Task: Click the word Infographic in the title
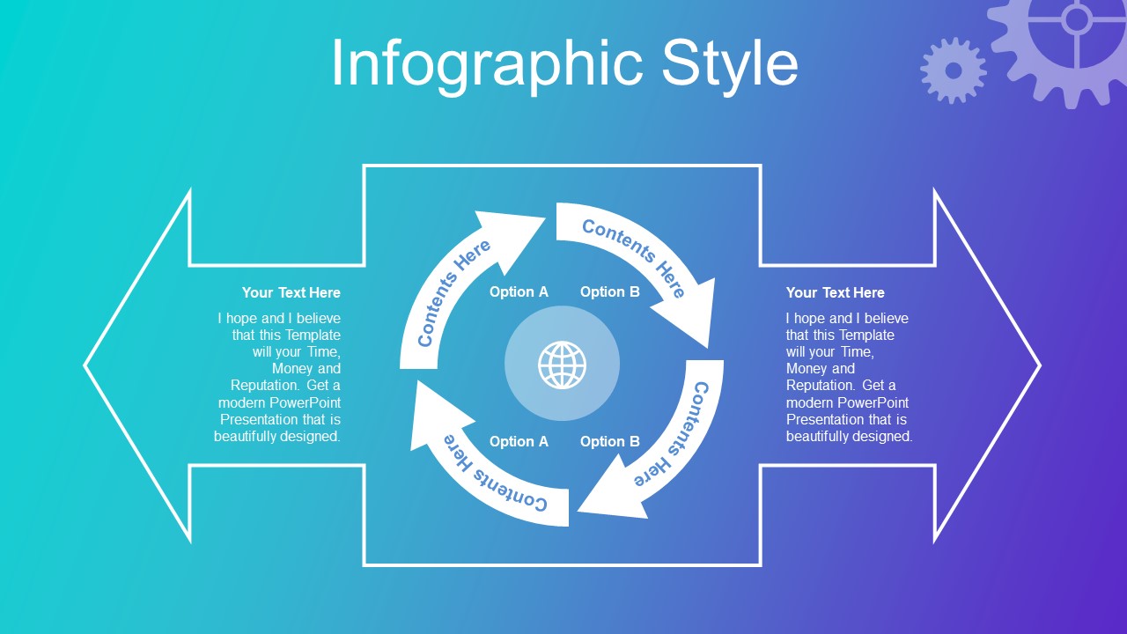(x=487, y=64)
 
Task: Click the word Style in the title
(x=730, y=64)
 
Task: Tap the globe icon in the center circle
(x=562, y=365)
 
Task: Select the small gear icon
(x=953, y=70)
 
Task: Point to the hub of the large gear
(x=1076, y=19)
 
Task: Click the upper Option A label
(x=519, y=291)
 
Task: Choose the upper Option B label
(x=610, y=291)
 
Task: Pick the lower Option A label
(x=519, y=441)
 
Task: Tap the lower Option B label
(x=610, y=441)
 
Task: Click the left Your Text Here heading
(x=291, y=292)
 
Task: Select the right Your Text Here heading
(x=836, y=292)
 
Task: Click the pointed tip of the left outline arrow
(x=85, y=365)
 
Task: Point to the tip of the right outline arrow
(x=1040, y=365)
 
